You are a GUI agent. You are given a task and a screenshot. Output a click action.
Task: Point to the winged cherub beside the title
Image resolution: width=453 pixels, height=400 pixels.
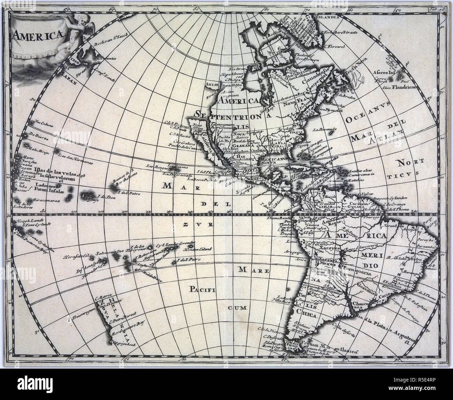[78, 31]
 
